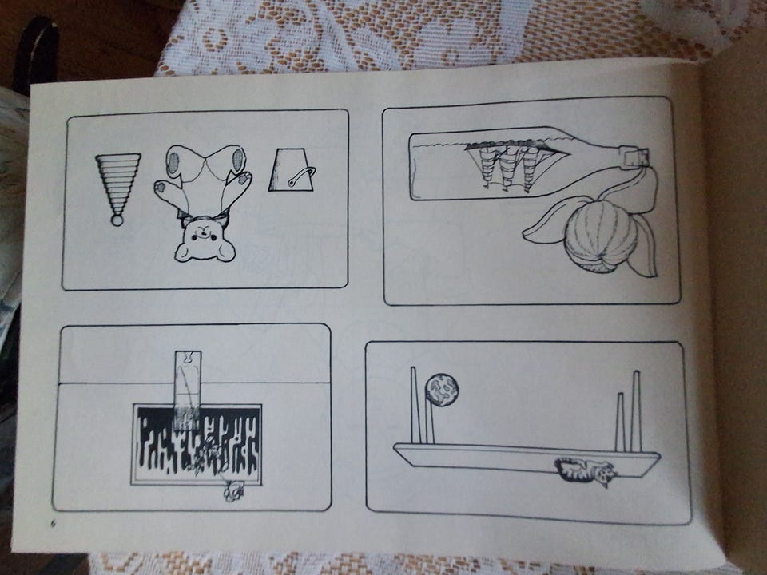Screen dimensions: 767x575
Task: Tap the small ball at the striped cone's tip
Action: pos(117,220)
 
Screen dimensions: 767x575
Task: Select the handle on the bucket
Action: pos(302,176)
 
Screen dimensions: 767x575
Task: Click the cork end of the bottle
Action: pos(637,156)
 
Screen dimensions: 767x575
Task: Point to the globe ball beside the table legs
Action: pos(442,390)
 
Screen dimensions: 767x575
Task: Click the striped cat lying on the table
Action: pos(585,471)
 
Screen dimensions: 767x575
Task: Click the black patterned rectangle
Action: pos(197,444)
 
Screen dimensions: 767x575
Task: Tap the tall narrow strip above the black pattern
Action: pos(187,387)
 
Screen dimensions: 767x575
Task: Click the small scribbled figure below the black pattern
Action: pos(234,491)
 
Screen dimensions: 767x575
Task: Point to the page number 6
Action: pos(54,523)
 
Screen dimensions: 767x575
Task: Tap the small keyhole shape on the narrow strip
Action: pos(187,358)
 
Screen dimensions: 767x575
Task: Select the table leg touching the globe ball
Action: pos(429,421)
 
